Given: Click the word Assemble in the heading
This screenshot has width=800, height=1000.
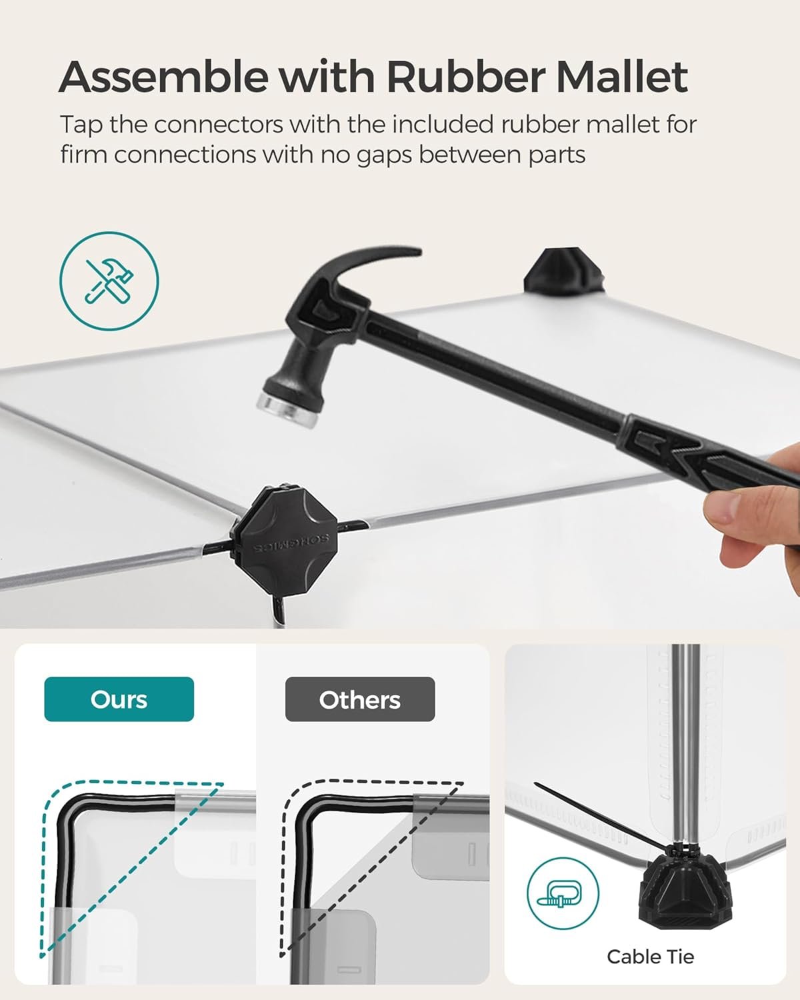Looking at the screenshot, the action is (x=163, y=77).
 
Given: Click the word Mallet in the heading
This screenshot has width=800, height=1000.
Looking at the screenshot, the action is (x=622, y=77).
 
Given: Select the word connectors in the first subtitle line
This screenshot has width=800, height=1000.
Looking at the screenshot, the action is (x=219, y=125).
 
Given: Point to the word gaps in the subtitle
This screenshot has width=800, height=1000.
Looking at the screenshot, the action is (x=384, y=157).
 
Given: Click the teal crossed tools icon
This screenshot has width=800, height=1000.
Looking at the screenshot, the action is (x=109, y=281).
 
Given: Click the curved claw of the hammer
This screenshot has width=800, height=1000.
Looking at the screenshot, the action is (x=372, y=265).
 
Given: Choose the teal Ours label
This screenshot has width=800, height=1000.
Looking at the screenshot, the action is (x=119, y=699).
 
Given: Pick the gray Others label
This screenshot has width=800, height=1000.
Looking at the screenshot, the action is (x=360, y=699).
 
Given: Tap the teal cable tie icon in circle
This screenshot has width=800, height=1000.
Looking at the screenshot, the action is (x=563, y=893).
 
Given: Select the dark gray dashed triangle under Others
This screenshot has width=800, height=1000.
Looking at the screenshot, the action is (x=373, y=869).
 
